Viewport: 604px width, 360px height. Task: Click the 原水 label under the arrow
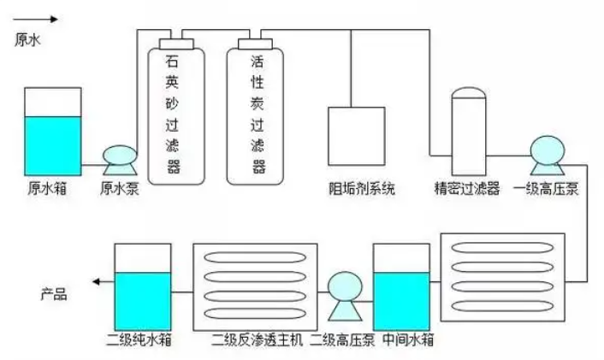coord(28,38)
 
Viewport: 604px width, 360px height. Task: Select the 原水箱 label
coord(48,189)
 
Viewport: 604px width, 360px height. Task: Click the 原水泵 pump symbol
coord(119,157)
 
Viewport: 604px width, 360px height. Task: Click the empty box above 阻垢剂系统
coord(357,135)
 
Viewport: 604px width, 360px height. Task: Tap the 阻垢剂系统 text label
coord(363,189)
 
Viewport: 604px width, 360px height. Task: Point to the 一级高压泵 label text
coord(546,189)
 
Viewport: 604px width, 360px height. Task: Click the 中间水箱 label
coord(407,340)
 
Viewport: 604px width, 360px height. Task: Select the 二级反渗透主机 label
coord(257,340)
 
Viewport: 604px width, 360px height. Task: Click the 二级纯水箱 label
coord(140,340)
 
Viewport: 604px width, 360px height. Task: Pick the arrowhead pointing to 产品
coord(98,281)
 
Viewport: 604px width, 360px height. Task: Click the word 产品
coord(55,297)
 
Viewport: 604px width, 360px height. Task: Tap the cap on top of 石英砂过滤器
coord(176,42)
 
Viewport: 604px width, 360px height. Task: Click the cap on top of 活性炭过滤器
coord(255,42)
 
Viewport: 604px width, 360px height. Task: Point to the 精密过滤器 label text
coord(467,189)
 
